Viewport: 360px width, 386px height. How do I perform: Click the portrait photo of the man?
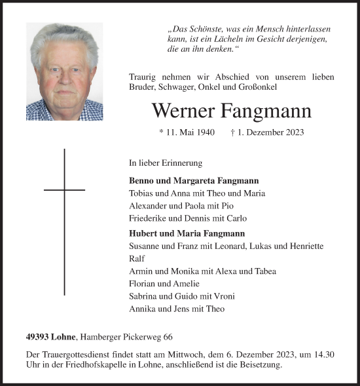[x=64, y=71]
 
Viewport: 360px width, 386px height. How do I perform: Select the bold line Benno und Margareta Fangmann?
[x=194, y=180]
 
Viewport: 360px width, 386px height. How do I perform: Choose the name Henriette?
[x=303, y=246]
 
